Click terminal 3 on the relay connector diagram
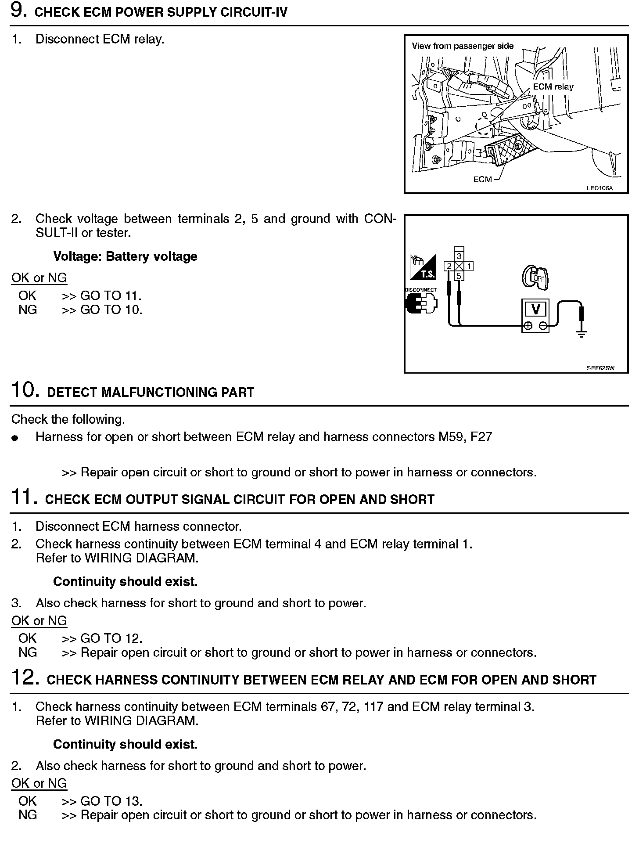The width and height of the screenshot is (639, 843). point(459,256)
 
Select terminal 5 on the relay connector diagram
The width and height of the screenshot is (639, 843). point(459,276)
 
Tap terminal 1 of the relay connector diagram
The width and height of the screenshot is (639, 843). point(469,266)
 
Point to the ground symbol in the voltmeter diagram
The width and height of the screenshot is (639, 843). point(582,334)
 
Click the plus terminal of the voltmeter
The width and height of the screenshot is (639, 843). point(528,326)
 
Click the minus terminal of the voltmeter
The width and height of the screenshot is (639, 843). point(543,326)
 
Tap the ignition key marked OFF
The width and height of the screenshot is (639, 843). point(535,277)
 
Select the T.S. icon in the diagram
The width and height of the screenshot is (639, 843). point(422,267)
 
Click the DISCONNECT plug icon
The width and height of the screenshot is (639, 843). point(421,303)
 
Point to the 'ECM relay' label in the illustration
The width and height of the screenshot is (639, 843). point(553,87)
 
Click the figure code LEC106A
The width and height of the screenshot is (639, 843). point(600,188)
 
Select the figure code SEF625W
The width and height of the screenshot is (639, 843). point(600,368)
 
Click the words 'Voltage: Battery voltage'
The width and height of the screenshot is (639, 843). point(125,256)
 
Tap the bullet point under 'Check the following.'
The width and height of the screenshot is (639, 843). point(15,438)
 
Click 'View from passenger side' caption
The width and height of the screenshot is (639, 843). point(463,46)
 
